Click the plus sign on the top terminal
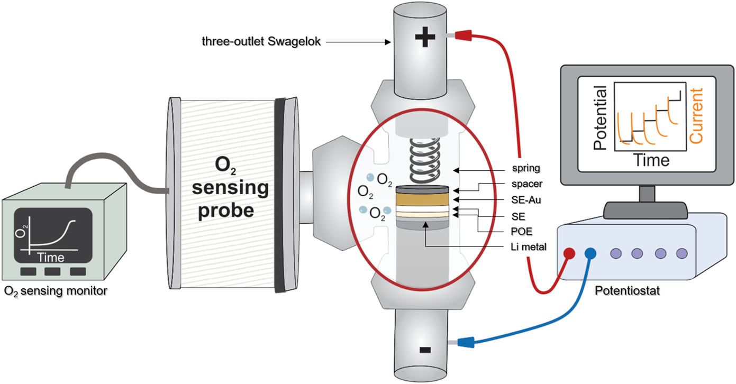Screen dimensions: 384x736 pyautogui.click(x=423, y=39)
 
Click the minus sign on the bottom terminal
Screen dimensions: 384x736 pyautogui.click(x=423, y=350)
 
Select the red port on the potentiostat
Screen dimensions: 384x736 pyautogui.click(x=569, y=253)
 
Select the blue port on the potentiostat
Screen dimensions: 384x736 pyautogui.click(x=590, y=253)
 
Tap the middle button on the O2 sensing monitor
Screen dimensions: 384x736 pyautogui.click(x=53, y=271)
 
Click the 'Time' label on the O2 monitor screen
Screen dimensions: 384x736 pyautogui.click(x=51, y=258)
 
